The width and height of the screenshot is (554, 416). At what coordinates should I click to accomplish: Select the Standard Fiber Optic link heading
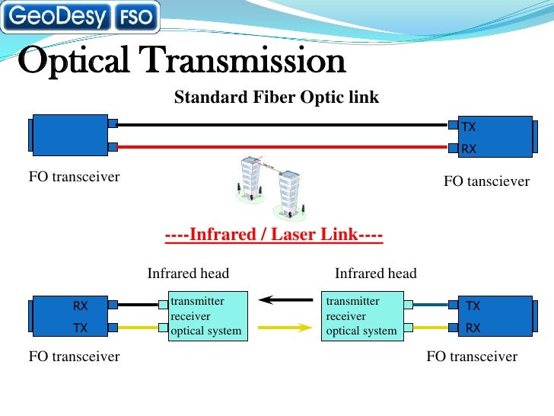[276, 98]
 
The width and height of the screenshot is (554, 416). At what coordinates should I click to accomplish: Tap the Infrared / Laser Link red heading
[274, 235]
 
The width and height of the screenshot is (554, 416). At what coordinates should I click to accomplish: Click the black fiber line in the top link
[282, 124]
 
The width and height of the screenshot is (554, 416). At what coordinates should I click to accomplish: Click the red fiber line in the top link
[282, 146]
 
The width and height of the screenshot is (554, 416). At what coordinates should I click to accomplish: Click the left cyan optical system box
[207, 315]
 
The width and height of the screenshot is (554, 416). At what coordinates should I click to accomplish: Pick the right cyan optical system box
[362, 315]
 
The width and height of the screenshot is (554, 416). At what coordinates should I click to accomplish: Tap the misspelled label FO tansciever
[486, 181]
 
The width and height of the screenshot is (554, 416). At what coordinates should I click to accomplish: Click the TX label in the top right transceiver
[469, 126]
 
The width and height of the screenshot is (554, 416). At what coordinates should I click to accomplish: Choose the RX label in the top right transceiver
[469, 149]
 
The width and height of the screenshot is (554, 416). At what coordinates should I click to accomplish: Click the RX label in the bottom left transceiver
[81, 306]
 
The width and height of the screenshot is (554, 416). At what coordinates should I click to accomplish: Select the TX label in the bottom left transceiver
[80, 328]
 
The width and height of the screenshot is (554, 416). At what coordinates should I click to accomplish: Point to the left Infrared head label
[188, 274]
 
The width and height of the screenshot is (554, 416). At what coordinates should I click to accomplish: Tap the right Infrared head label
[376, 274]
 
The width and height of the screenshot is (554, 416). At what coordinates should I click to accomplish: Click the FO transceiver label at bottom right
[472, 357]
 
